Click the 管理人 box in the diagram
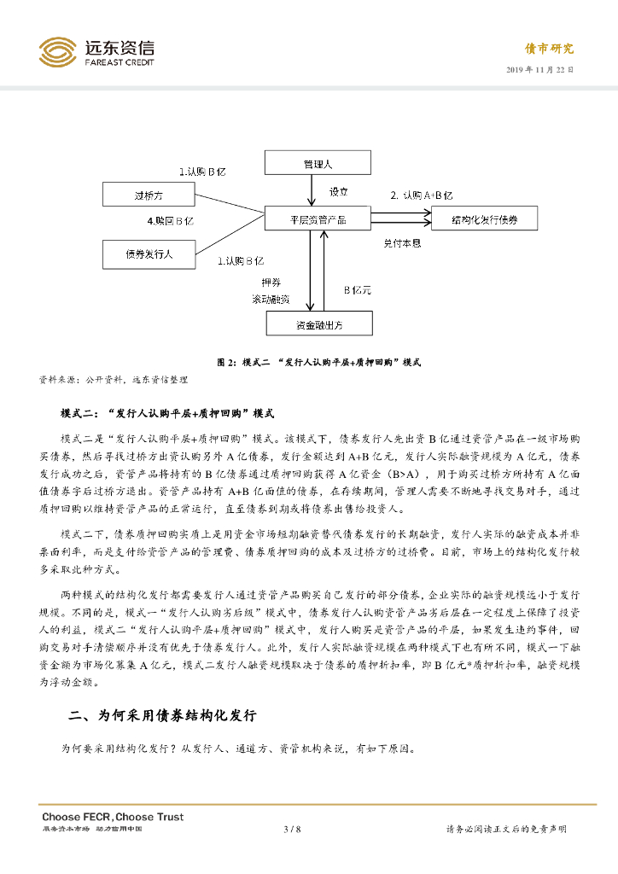coord(317,162)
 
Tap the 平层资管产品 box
coord(318,219)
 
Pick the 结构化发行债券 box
coord(485,219)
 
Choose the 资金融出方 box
coord(319,323)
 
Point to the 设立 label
coord(339,192)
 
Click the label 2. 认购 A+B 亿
coord(421,195)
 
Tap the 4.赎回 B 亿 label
coord(171,221)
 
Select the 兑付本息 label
coord(401,243)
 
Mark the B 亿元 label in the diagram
coord(357,290)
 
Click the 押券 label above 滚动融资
coord(270,281)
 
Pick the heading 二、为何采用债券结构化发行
coord(162,715)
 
